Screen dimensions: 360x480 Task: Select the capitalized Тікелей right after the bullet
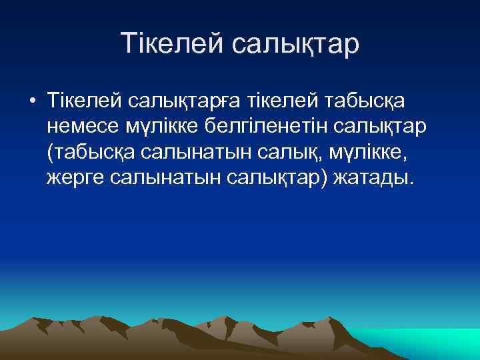coord(75,101)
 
